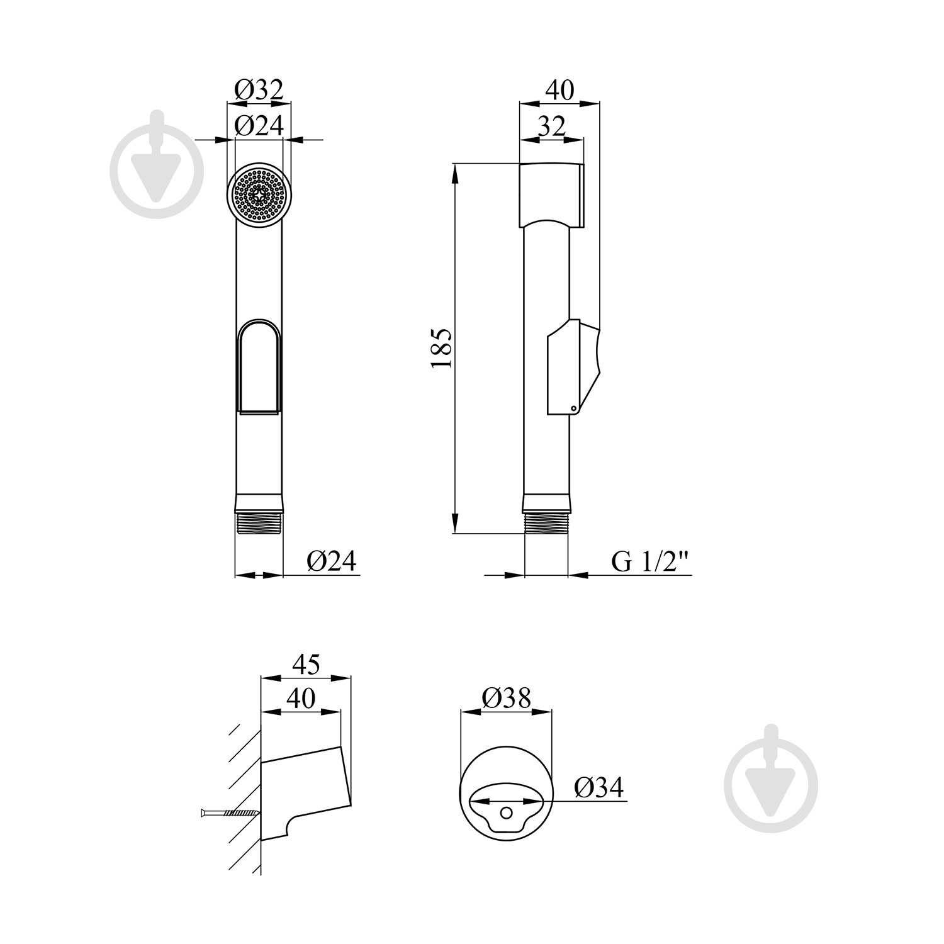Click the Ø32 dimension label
pos(259,90)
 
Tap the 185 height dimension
pos(442,348)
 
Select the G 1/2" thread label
pos(652,562)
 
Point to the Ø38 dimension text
pos(507,697)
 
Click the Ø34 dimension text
pos(598,787)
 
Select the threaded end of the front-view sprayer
pos(259,520)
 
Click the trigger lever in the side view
pos(575,368)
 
